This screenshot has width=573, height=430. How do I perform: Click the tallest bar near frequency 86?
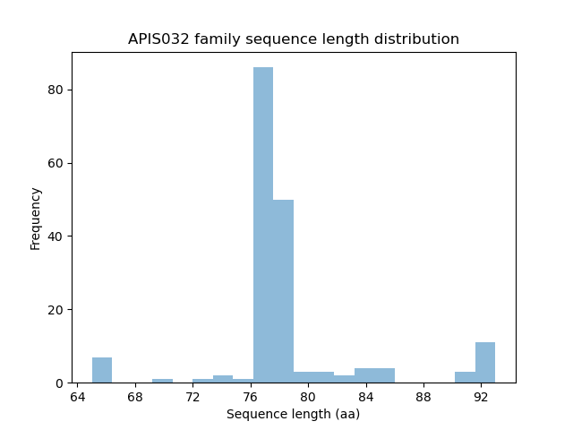tap(263, 225)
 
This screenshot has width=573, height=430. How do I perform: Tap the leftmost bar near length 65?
tap(102, 370)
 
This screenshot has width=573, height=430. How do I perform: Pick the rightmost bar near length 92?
tap(485, 363)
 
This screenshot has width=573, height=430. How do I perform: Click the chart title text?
tap(294, 39)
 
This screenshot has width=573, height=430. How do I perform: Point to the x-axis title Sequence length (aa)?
tap(294, 414)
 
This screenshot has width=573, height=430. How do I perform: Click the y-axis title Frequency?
tap(36, 218)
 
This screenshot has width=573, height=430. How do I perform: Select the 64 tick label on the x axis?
tap(78, 396)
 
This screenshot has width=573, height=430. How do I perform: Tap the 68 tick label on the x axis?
tap(135, 396)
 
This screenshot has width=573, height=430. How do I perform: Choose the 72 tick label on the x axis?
tap(192, 396)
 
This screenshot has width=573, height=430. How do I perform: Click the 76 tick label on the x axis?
tap(251, 396)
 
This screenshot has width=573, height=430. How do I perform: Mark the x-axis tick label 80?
tap(308, 396)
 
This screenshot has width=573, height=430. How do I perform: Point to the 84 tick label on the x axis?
tap(365, 396)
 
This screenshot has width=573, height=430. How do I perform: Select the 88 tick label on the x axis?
tap(423, 396)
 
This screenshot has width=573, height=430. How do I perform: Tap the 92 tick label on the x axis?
tap(481, 396)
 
